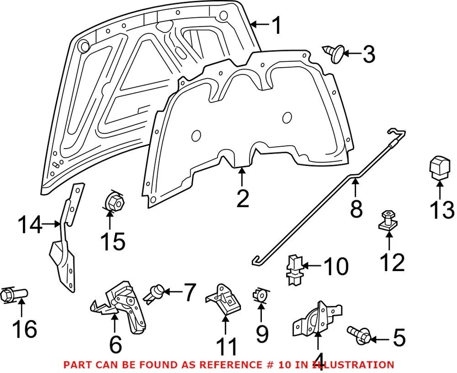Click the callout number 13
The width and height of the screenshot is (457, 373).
pyautogui.click(x=442, y=210)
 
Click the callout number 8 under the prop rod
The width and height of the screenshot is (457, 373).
pyautogui.click(x=356, y=209)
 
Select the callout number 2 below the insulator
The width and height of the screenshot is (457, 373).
pyautogui.click(x=242, y=199)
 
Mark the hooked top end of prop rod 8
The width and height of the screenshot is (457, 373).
pyautogui.click(x=395, y=132)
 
